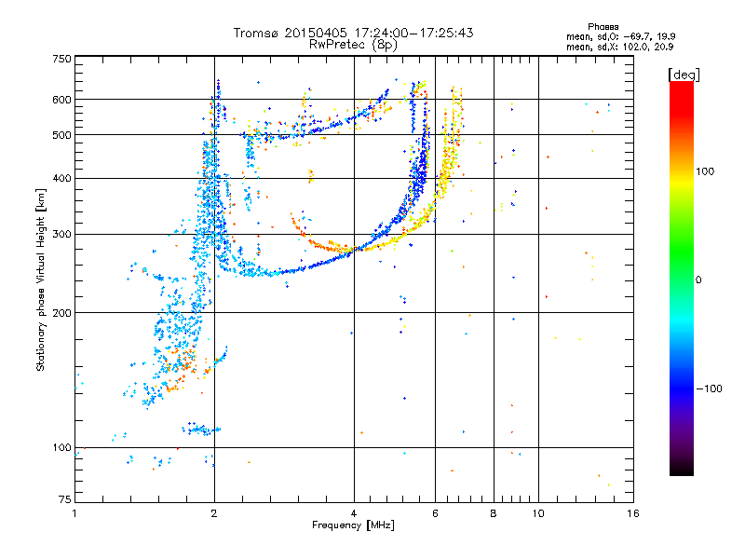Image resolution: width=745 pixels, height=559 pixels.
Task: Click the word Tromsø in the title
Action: (256, 33)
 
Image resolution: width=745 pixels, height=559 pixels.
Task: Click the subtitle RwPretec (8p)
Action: (353, 45)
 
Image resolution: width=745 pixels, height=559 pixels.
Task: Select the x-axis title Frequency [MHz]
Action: (353, 525)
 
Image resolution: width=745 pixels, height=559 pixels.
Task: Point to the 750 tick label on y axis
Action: (62, 59)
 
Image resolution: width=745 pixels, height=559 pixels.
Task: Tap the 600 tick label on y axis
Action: (62, 100)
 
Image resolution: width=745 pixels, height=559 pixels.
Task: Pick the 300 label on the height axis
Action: (62, 235)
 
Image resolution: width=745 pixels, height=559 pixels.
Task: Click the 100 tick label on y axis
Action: (62, 447)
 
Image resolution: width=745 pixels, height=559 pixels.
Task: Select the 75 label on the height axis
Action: (65, 499)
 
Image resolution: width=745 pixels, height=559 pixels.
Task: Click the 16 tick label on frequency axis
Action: (633, 513)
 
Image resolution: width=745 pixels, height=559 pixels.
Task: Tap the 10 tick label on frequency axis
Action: (538, 513)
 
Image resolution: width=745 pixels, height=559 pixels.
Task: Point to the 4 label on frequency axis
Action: (354, 513)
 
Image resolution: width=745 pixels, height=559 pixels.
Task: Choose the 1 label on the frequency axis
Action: (74, 513)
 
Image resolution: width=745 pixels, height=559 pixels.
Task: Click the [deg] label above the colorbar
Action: (684, 75)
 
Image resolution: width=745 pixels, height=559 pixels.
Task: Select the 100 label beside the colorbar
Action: (705, 171)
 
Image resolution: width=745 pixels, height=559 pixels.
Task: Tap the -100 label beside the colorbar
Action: (710, 389)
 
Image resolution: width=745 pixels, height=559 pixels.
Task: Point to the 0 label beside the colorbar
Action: (698, 280)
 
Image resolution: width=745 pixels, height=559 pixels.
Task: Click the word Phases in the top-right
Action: (603, 27)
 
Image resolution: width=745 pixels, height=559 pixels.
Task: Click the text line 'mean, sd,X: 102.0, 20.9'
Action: (619, 48)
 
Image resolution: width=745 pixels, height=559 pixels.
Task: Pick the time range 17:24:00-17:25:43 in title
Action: (413, 33)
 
